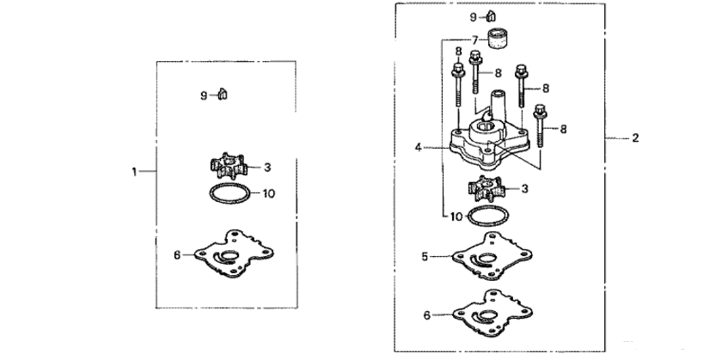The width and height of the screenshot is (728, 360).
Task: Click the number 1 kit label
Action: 135,172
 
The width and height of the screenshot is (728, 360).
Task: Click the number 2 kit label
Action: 635,137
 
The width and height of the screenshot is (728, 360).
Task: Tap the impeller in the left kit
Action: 227,167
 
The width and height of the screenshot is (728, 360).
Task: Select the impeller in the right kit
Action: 486,186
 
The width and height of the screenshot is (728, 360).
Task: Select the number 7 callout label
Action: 474,40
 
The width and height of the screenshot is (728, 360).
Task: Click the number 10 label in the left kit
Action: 268,194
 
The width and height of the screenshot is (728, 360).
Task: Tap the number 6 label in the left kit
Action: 177,254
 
